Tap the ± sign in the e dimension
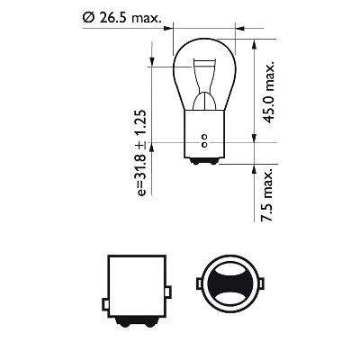click(x=141, y=144)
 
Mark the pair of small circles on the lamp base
click(x=205, y=142)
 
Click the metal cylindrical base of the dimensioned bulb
click(x=205, y=135)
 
